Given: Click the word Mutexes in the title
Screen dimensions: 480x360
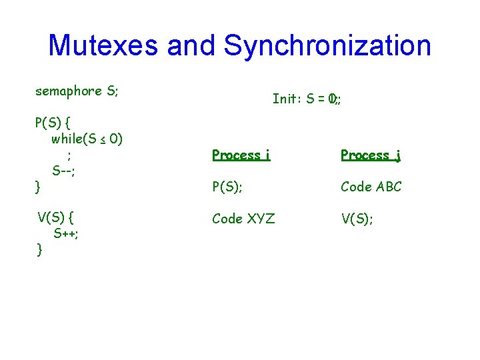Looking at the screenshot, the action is (x=104, y=45).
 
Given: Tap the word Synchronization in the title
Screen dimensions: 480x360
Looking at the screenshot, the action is (x=327, y=45).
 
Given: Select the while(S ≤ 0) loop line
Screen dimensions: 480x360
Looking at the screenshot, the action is (x=87, y=139).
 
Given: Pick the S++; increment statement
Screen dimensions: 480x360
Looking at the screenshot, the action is (x=67, y=233).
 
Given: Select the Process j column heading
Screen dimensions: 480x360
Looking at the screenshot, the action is (x=370, y=155).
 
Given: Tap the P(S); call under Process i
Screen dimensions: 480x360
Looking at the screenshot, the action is (x=227, y=187).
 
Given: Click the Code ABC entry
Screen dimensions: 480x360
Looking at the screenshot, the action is (x=371, y=187).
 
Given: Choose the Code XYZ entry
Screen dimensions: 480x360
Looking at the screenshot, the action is (x=243, y=218).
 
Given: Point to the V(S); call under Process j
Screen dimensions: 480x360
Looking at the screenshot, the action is (x=357, y=218).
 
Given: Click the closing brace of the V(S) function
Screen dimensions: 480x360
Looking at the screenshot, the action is (x=40, y=250).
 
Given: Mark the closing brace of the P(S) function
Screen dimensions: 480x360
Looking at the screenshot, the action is (x=38, y=187).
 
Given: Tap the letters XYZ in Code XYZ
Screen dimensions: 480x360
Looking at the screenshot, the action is (x=260, y=218).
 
